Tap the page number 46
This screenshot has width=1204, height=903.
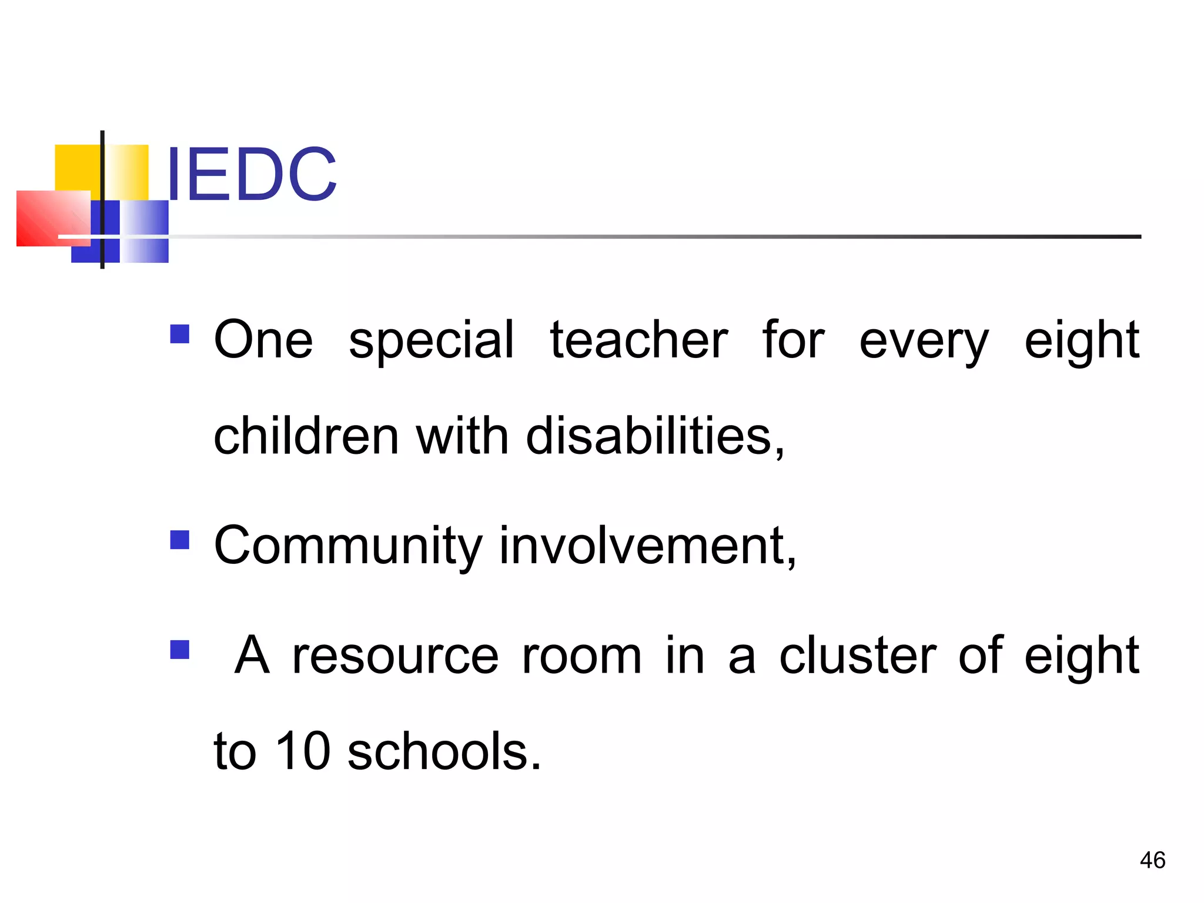(1152, 860)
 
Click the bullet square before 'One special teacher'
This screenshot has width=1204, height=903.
(179, 334)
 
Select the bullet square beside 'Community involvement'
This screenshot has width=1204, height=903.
(179, 540)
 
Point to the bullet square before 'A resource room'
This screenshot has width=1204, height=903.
(179, 649)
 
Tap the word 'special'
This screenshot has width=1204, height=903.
(431, 341)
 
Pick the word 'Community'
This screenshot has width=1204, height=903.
(348, 547)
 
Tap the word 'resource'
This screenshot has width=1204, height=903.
(396, 656)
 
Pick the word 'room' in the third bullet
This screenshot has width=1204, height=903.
(581, 656)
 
